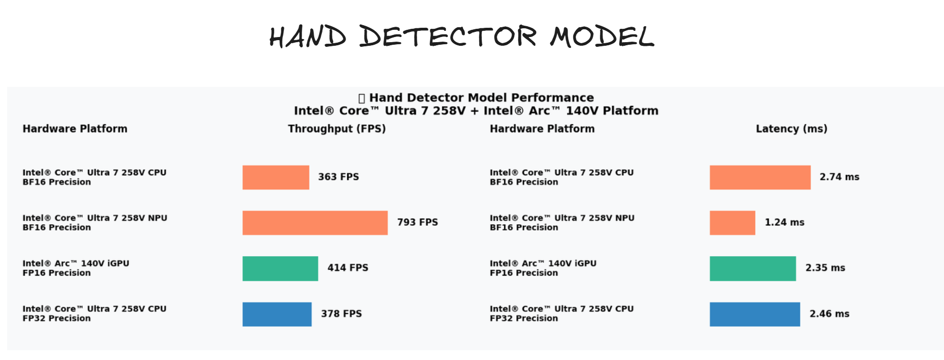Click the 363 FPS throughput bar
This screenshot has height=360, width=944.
[276, 177]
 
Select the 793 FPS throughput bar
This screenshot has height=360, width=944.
[315, 223]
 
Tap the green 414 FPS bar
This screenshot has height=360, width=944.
[280, 268]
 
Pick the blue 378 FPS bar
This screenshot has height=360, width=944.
[277, 314]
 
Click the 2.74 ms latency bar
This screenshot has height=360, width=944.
[760, 177]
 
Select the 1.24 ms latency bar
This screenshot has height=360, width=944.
[732, 223]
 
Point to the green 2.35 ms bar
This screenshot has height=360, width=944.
[753, 268]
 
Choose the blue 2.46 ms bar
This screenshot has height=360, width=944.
[755, 314]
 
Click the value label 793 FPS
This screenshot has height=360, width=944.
[417, 222]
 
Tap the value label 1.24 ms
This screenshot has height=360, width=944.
[785, 222]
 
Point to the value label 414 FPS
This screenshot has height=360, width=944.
[348, 267]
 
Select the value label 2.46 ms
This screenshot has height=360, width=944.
[829, 314]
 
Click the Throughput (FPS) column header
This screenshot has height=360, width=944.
[337, 129]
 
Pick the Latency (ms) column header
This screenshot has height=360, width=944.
[791, 129]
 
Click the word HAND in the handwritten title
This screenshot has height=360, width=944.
[308, 37]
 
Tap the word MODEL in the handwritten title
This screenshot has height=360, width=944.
[602, 37]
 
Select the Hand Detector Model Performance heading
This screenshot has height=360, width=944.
[481, 98]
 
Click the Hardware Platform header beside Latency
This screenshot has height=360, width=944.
[542, 129]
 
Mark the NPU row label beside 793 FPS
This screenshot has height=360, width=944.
[95, 223]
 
